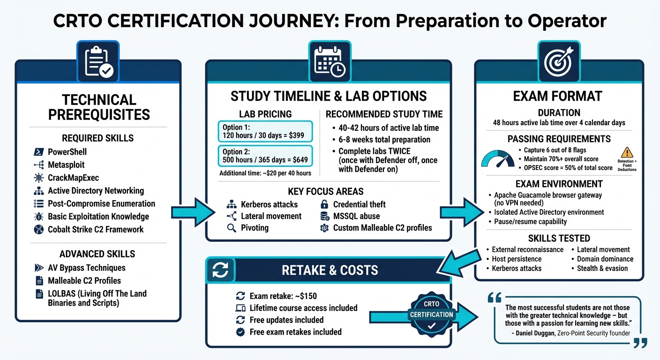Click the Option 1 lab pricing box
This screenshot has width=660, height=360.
click(265, 131)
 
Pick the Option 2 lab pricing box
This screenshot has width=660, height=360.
click(265, 156)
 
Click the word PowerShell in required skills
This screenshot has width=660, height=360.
click(67, 152)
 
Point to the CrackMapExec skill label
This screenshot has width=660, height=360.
click(73, 178)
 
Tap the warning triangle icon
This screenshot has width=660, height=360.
click(627, 152)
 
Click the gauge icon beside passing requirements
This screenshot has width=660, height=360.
click(497, 158)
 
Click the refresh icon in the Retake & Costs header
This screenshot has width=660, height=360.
click(220, 270)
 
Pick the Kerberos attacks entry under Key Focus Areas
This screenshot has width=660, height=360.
click(269, 204)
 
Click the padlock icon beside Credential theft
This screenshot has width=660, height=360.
click(324, 204)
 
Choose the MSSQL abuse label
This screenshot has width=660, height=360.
click(356, 216)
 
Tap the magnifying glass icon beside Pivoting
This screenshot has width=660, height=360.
click(231, 228)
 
